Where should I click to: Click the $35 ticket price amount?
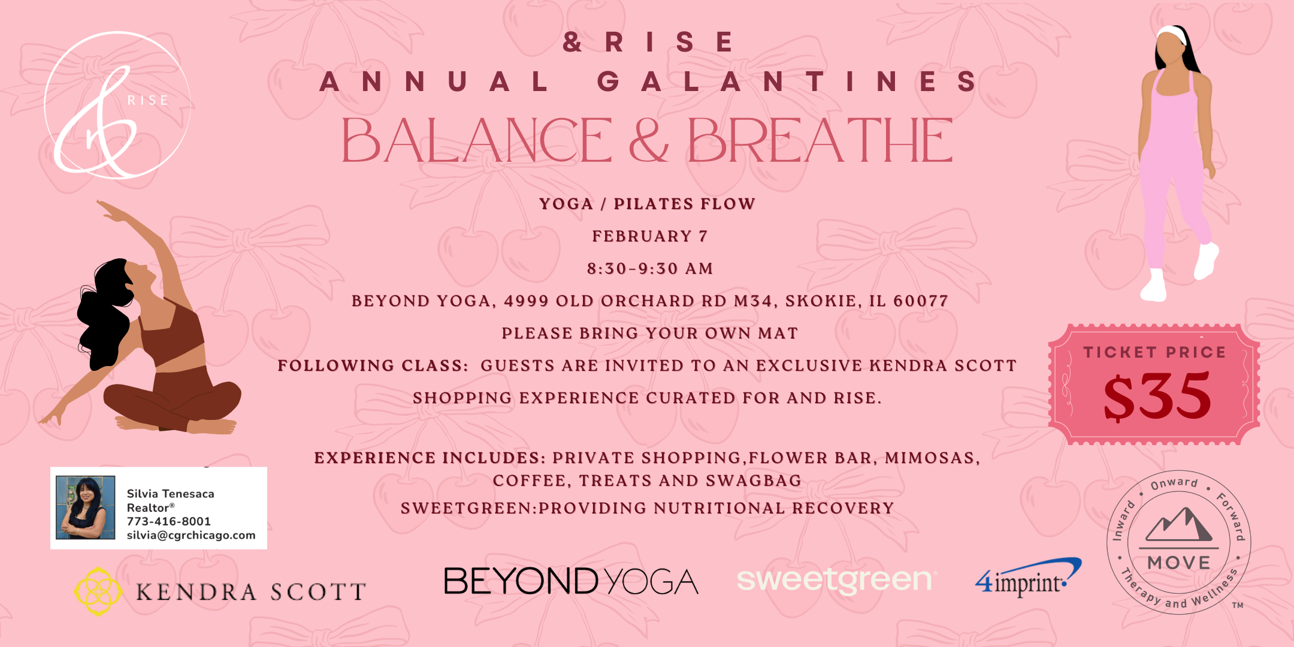(x=1157, y=396)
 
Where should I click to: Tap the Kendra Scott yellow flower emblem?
(x=98, y=591)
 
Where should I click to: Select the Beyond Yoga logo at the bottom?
(x=571, y=581)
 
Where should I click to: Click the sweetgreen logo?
(x=835, y=579)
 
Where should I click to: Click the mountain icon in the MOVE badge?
(x=1178, y=525)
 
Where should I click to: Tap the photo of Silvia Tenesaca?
(x=85, y=507)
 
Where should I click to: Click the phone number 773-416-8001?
(x=168, y=521)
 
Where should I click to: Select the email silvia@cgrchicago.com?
(x=191, y=535)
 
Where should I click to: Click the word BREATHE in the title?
(x=820, y=141)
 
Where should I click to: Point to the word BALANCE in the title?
(x=476, y=141)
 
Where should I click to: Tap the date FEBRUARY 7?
(x=650, y=236)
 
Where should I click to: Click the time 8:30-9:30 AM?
(x=650, y=268)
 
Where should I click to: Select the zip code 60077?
(x=921, y=301)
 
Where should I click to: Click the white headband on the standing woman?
(x=1172, y=34)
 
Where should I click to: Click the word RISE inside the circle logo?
(x=147, y=100)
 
